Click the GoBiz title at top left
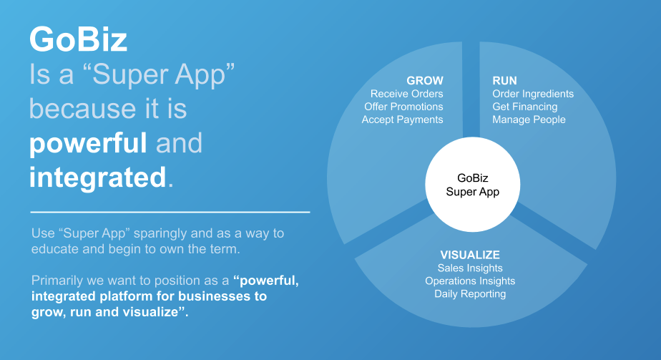click(x=79, y=39)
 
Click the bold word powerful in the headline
click(x=88, y=144)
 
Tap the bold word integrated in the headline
click(x=98, y=177)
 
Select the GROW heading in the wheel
click(x=424, y=80)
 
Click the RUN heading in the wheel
click(x=504, y=80)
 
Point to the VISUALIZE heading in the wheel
click(x=470, y=255)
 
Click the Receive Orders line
click(x=407, y=94)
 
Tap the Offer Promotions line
click(x=404, y=107)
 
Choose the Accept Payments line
click(x=403, y=120)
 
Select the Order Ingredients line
click(x=533, y=94)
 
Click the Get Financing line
click(x=525, y=107)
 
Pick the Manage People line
click(x=529, y=120)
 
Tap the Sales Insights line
click(x=470, y=268)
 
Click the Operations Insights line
click(x=470, y=281)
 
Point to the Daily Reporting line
click(x=470, y=294)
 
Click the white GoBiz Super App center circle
click(x=473, y=185)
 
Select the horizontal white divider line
click(x=170, y=212)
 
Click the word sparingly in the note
click(x=160, y=233)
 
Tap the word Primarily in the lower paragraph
click(x=57, y=281)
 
